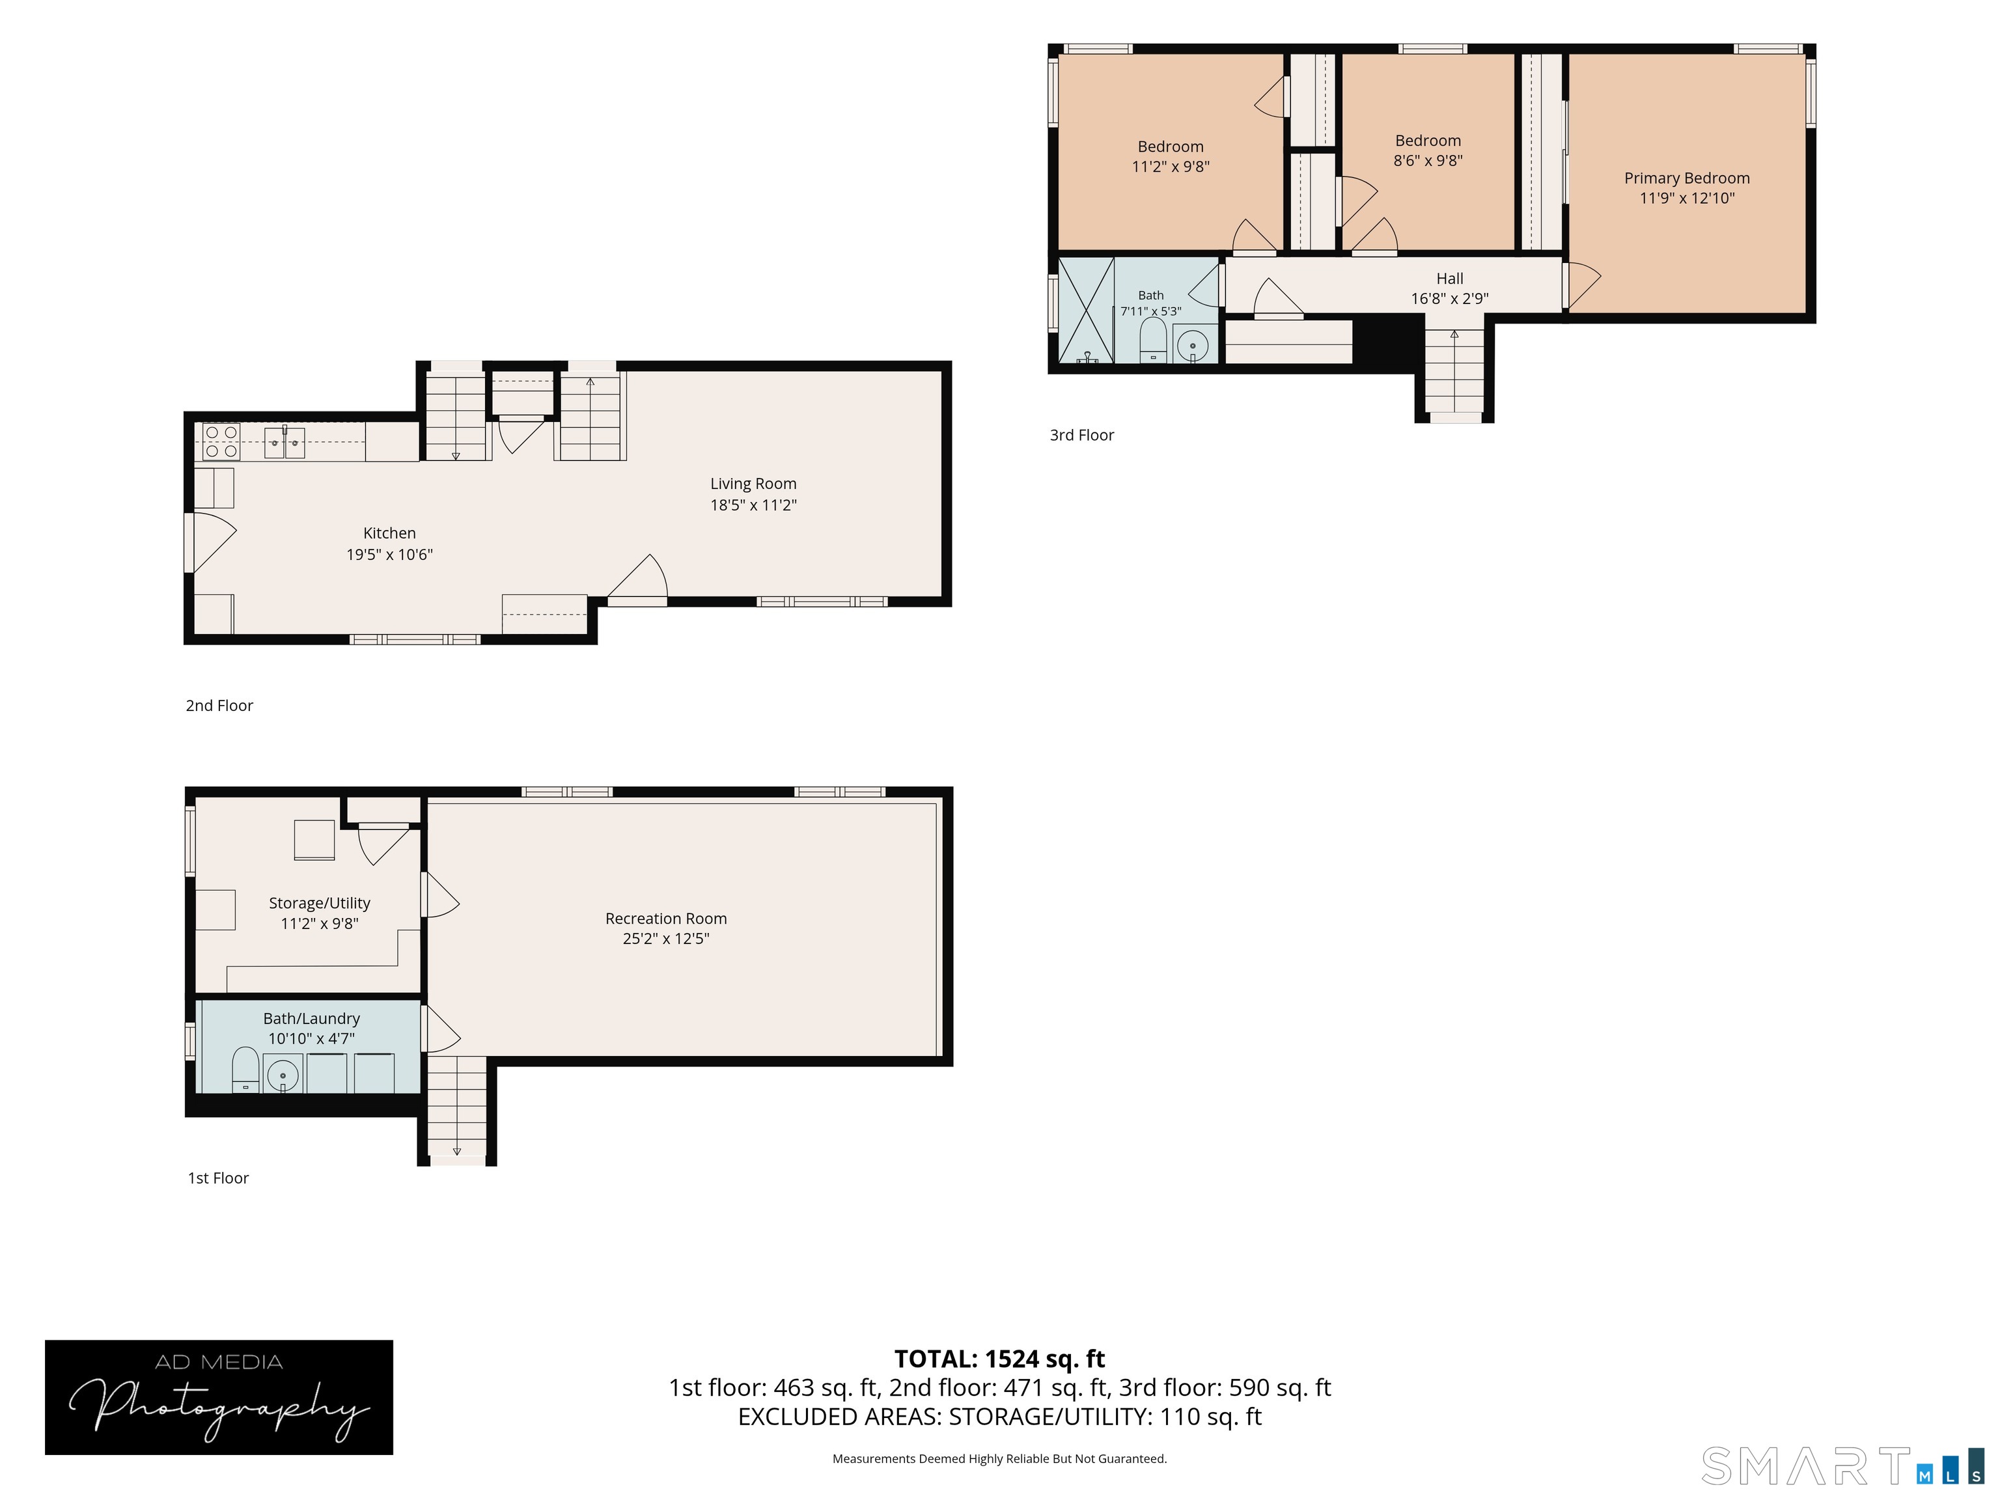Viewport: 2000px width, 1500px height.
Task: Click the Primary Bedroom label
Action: coord(1686,178)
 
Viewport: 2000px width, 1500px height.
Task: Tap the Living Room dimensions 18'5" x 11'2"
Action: coord(753,505)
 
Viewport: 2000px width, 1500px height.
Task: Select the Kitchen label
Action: coord(390,533)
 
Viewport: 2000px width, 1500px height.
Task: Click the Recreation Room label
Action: coord(667,919)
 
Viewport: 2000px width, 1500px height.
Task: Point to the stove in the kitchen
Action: coord(221,442)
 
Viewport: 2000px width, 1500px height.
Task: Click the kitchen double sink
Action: coord(284,443)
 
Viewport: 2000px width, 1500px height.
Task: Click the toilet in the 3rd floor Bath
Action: coord(1153,339)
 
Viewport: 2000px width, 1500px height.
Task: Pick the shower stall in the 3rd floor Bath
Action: coord(1086,310)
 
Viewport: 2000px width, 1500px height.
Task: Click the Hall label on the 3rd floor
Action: coord(1449,279)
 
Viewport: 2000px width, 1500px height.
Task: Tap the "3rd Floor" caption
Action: coord(1081,435)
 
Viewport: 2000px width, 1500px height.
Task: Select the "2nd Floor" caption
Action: coord(219,705)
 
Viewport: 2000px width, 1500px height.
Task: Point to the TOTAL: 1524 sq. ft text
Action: coord(999,1359)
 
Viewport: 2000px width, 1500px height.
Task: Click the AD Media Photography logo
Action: coord(219,1398)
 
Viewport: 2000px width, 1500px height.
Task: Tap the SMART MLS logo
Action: coord(1842,1465)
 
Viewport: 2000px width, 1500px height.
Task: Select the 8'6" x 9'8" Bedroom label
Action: coord(1428,150)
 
